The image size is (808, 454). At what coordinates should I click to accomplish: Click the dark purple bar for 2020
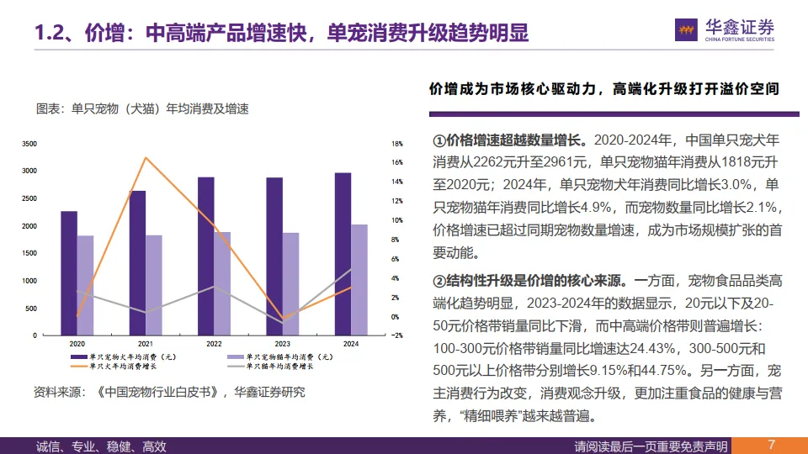[x=69, y=272]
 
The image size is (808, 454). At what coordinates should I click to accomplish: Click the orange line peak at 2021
[x=146, y=157]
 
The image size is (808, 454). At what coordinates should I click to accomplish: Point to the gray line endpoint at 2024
[x=351, y=269]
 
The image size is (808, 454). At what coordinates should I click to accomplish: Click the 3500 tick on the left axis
[x=29, y=144]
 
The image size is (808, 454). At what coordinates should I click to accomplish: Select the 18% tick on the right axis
[x=397, y=144]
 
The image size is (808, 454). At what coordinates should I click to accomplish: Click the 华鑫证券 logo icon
[x=687, y=30]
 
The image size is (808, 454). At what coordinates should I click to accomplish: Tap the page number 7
[x=771, y=445]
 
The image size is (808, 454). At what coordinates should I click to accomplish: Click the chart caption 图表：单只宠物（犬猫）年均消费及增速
[x=142, y=108]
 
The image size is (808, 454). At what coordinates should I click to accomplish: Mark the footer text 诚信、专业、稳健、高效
[x=102, y=446]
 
